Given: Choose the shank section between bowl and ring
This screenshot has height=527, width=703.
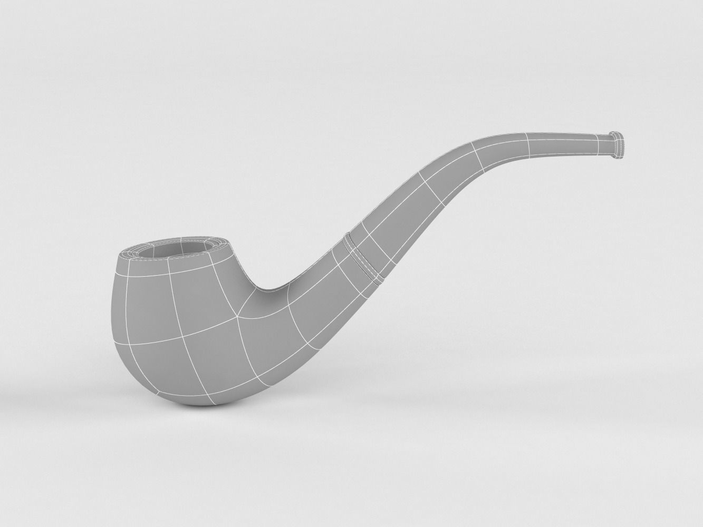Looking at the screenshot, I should point(306,316).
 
